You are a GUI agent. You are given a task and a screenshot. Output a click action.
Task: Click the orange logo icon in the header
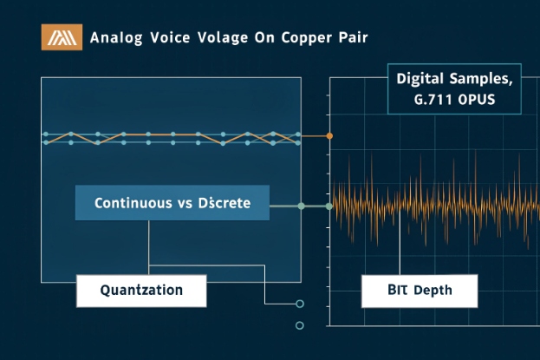pyautogui.click(x=62, y=37)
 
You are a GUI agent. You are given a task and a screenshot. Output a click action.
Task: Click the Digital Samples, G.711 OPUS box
pyautogui.click(x=454, y=89)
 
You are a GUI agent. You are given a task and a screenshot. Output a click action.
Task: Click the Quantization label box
pyautogui.click(x=141, y=291)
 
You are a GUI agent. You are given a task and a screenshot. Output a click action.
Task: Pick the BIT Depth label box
pyautogui.click(x=419, y=291)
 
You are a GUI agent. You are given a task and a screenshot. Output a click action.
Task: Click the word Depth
pyautogui.click(x=433, y=291)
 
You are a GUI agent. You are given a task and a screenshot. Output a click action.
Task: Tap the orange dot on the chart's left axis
pyautogui.click(x=329, y=136)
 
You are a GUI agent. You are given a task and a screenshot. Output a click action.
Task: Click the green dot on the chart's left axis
pyautogui.click(x=329, y=206)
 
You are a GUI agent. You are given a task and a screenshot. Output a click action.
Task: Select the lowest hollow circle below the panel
pyautogui.click(x=300, y=326)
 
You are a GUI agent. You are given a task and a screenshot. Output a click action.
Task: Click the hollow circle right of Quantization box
pyautogui.click(x=300, y=304)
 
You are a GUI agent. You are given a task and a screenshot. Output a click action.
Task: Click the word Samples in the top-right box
pyautogui.click(x=477, y=79)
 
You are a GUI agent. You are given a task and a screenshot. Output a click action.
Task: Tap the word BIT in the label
pyautogui.click(x=396, y=291)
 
